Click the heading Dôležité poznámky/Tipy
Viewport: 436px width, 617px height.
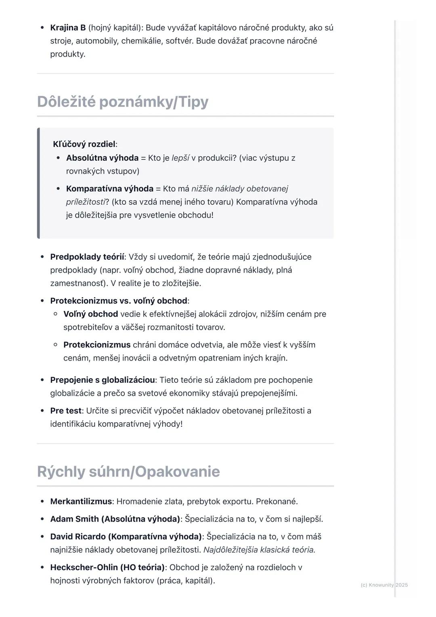pos(122,102)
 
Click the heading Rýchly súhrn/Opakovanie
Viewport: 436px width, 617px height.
pos(128,472)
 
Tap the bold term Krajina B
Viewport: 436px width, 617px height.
pos(68,28)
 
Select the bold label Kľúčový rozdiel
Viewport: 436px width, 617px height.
pos(84,144)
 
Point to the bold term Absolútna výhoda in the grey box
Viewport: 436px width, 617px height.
pos(102,158)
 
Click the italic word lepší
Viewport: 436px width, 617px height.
pos(180,158)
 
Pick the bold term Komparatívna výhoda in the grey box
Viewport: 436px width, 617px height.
pos(109,189)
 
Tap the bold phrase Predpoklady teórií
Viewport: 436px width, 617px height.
pos(87,257)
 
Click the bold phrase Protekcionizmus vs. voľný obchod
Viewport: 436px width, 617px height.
pos(119,301)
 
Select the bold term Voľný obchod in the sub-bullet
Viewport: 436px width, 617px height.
pos(90,314)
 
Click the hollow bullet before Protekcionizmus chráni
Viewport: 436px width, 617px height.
pos(55,345)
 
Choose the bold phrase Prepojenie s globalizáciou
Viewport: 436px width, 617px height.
pos(103,380)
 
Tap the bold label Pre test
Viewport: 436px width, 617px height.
pos(66,411)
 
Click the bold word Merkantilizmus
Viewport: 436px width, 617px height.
pos(81,502)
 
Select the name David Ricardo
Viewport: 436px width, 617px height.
pos(78,537)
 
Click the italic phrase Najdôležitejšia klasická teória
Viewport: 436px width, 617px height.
pos(259,550)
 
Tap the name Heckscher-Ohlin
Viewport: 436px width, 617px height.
pos(84,567)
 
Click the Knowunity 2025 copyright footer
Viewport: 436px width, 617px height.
pos(384,585)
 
